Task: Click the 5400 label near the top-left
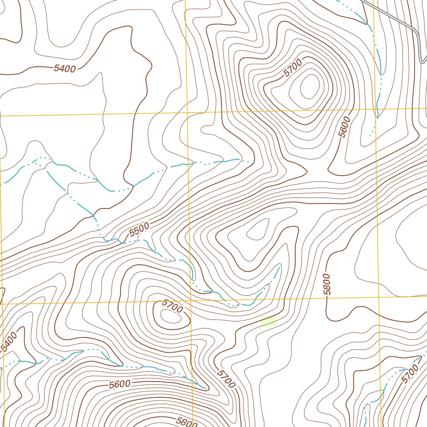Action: point(65,68)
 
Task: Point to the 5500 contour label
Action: point(139,230)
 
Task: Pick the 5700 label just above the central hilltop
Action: point(172,306)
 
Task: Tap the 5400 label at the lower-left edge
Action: point(9,341)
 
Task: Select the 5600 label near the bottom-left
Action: point(120,384)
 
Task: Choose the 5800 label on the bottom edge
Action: point(185,422)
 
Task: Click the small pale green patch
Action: point(268,321)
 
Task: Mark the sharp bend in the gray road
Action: point(417,31)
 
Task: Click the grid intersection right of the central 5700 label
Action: point(191,300)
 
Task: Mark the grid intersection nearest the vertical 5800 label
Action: point(378,297)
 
